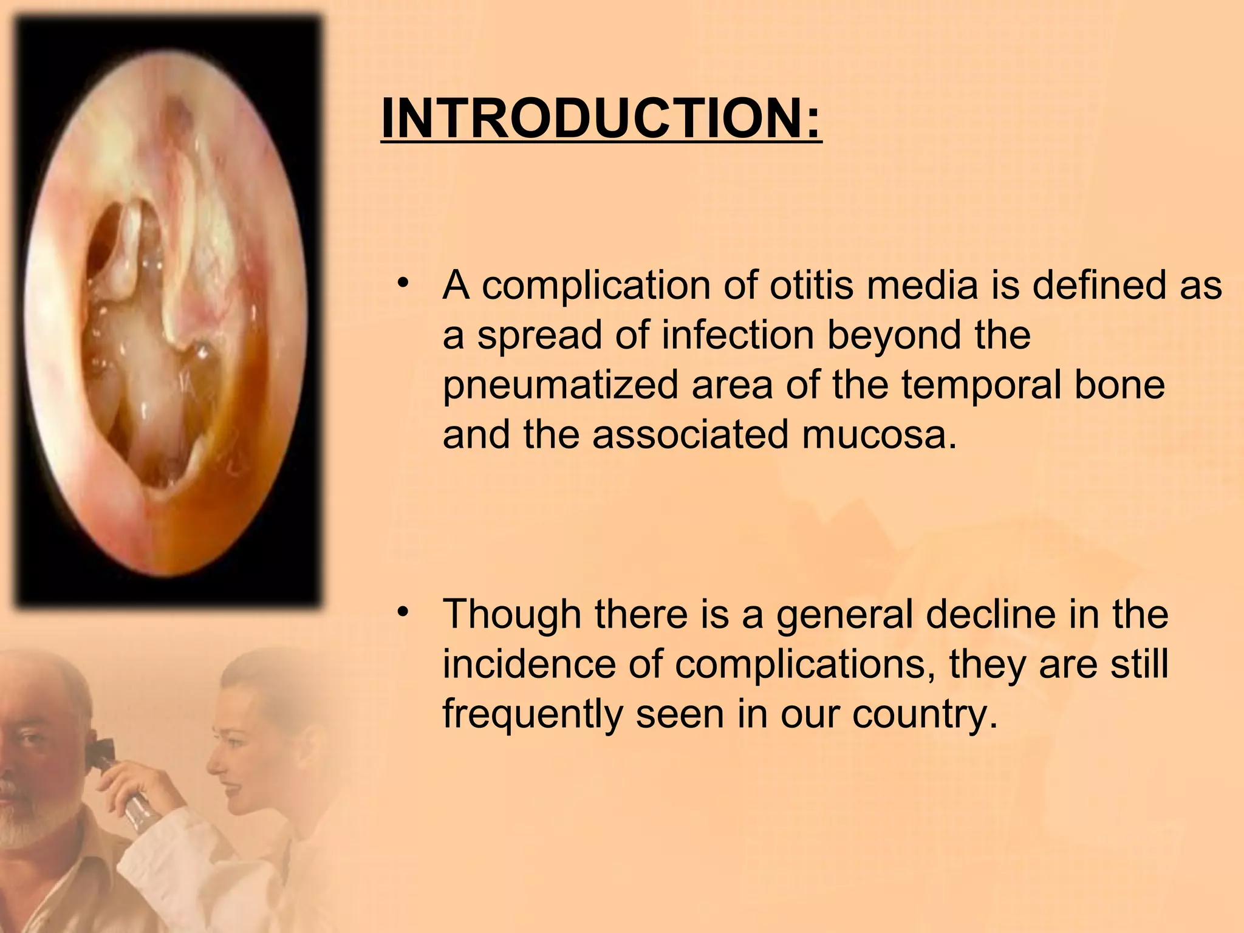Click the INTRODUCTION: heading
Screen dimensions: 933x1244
pyautogui.click(x=601, y=118)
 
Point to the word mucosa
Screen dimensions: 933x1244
pyautogui.click(x=878, y=434)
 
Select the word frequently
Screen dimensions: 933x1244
pyautogui.click(x=533, y=714)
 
